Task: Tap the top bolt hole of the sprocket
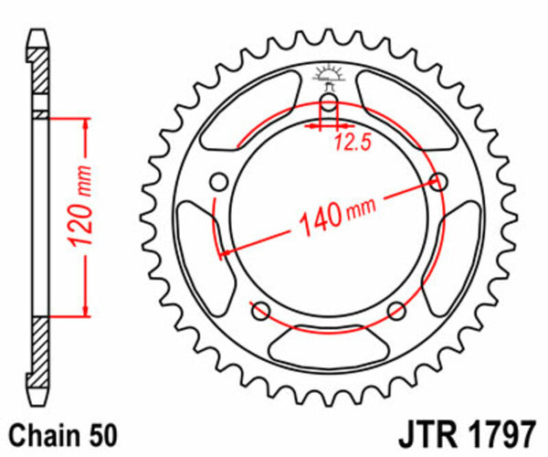[329, 101]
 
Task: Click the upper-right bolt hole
[439, 181]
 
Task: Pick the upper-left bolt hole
[218, 181]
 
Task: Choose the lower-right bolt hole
[397, 309]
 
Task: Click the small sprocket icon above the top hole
[329, 74]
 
